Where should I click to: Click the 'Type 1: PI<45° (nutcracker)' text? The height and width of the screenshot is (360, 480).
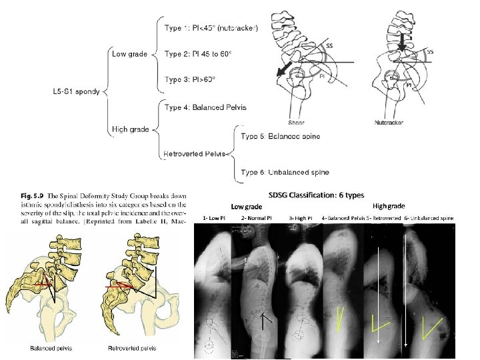point(211,27)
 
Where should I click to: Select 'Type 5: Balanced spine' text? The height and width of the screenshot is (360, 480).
point(280,137)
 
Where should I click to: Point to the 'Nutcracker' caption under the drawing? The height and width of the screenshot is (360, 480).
point(389,122)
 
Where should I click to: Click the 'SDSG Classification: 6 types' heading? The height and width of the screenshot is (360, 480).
point(316,195)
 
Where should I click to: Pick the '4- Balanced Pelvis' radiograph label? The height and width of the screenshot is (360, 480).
point(342,219)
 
